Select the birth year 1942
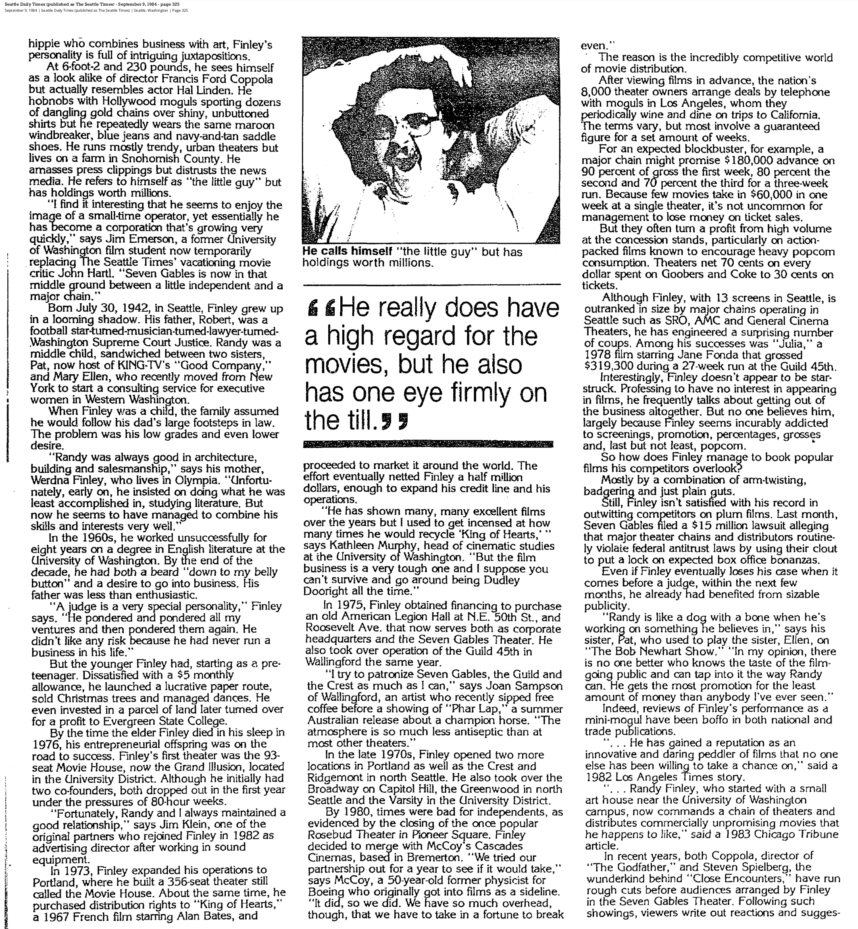pyautogui.click(x=125, y=308)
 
